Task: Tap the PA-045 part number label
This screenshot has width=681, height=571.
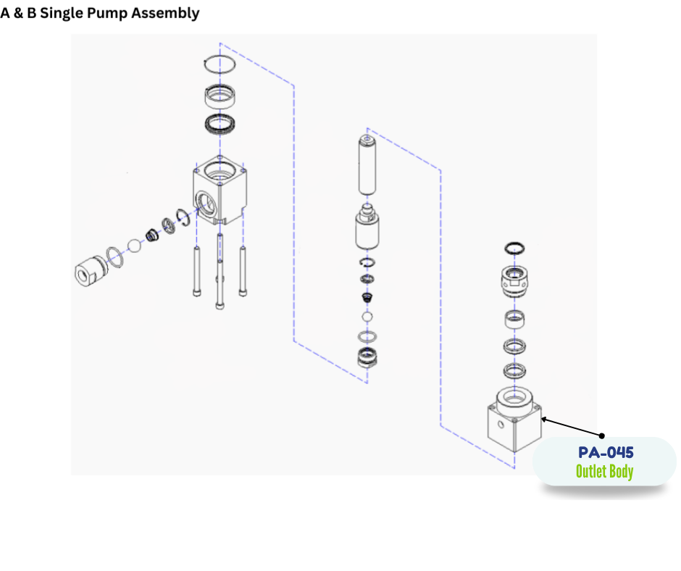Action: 606,453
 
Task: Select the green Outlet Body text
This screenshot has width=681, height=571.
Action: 604,472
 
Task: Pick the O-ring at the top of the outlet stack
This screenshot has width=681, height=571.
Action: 514,248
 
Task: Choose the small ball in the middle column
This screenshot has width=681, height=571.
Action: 367,317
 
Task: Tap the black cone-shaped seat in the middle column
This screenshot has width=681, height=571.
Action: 367,298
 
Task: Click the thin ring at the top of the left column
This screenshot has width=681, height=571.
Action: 220,63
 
